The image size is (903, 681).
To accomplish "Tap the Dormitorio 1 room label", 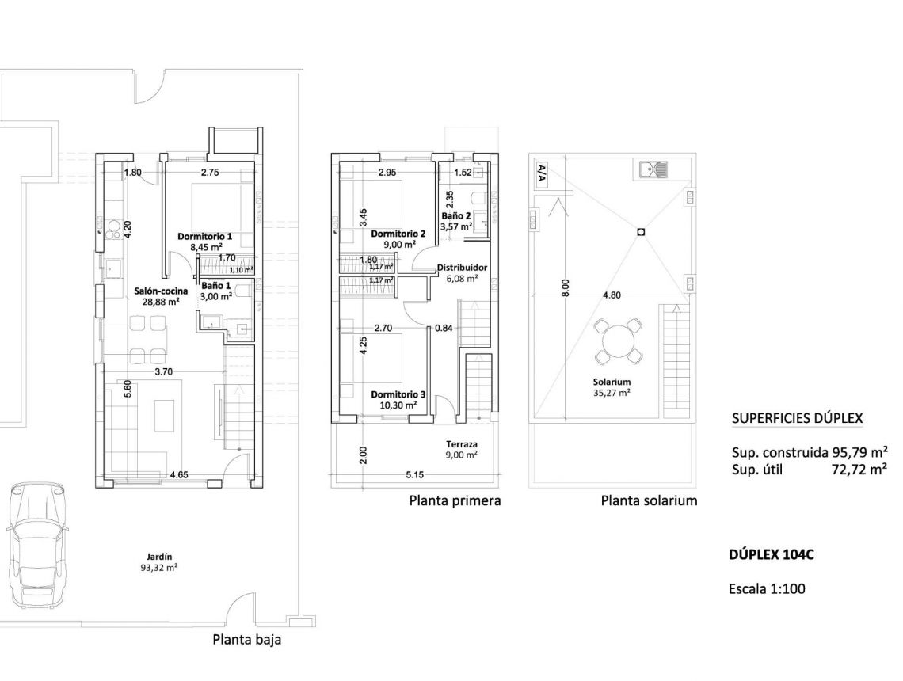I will (x=204, y=237).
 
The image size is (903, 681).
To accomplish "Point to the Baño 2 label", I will (x=456, y=215).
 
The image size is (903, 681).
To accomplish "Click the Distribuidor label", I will (x=462, y=268).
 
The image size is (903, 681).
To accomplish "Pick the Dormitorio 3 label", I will (x=398, y=394).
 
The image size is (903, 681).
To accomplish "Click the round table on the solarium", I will (x=618, y=342).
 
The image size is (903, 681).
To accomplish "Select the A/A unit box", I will (x=542, y=173).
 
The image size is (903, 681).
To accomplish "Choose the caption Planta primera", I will (x=455, y=500).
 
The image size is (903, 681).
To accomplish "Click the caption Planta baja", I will (x=246, y=640).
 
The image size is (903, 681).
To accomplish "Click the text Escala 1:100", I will (x=768, y=589).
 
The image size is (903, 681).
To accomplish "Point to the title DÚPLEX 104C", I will (x=771, y=555).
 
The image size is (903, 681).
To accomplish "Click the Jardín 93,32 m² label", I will (x=160, y=561).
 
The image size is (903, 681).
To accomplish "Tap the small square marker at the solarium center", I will (x=640, y=232).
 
